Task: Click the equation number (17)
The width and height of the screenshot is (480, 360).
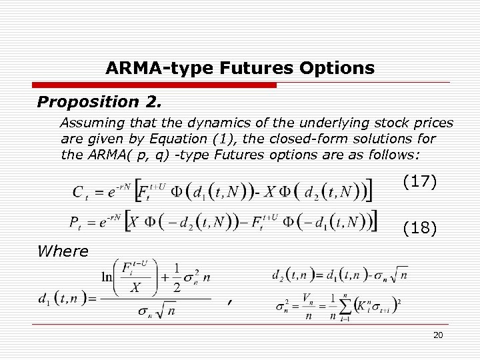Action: (421, 181)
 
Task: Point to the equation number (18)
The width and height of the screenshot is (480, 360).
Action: (421, 229)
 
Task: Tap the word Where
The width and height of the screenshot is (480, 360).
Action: (63, 251)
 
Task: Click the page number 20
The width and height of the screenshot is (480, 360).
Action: (438, 335)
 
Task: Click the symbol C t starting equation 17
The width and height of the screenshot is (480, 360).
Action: (79, 193)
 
